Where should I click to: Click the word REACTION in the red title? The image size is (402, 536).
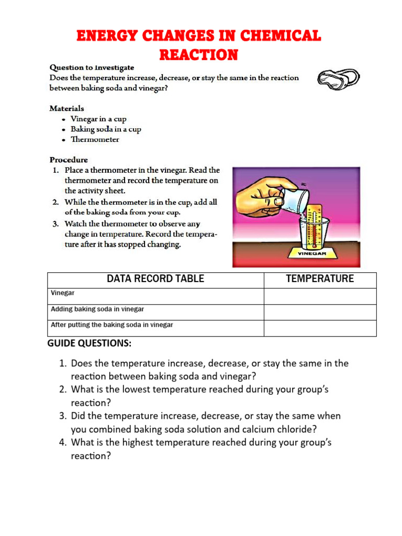click(x=198, y=54)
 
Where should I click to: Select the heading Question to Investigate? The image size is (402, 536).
click(x=92, y=68)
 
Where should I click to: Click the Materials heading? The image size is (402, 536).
click(x=66, y=108)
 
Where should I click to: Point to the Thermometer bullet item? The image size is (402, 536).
click(x=95, y=139)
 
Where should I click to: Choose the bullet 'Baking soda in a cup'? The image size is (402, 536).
click(x=106, y=129)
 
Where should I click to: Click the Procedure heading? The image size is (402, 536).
click(x=69, y=160)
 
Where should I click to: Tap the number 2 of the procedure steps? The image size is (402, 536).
click(x=55, y=202)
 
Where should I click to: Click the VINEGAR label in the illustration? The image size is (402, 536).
click(x=312, y=253)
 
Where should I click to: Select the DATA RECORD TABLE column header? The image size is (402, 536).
click(x=155, y=279)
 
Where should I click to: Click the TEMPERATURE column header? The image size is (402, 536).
click(x=320, y=279)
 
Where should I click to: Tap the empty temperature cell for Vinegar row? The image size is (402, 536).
click(x=320, y=296)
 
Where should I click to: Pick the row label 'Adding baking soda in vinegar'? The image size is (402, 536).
click(x=97, y=309)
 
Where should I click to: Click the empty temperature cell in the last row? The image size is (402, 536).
click(x=320, y=328)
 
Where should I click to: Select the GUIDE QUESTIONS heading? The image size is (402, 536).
click(x=90, y=343)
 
